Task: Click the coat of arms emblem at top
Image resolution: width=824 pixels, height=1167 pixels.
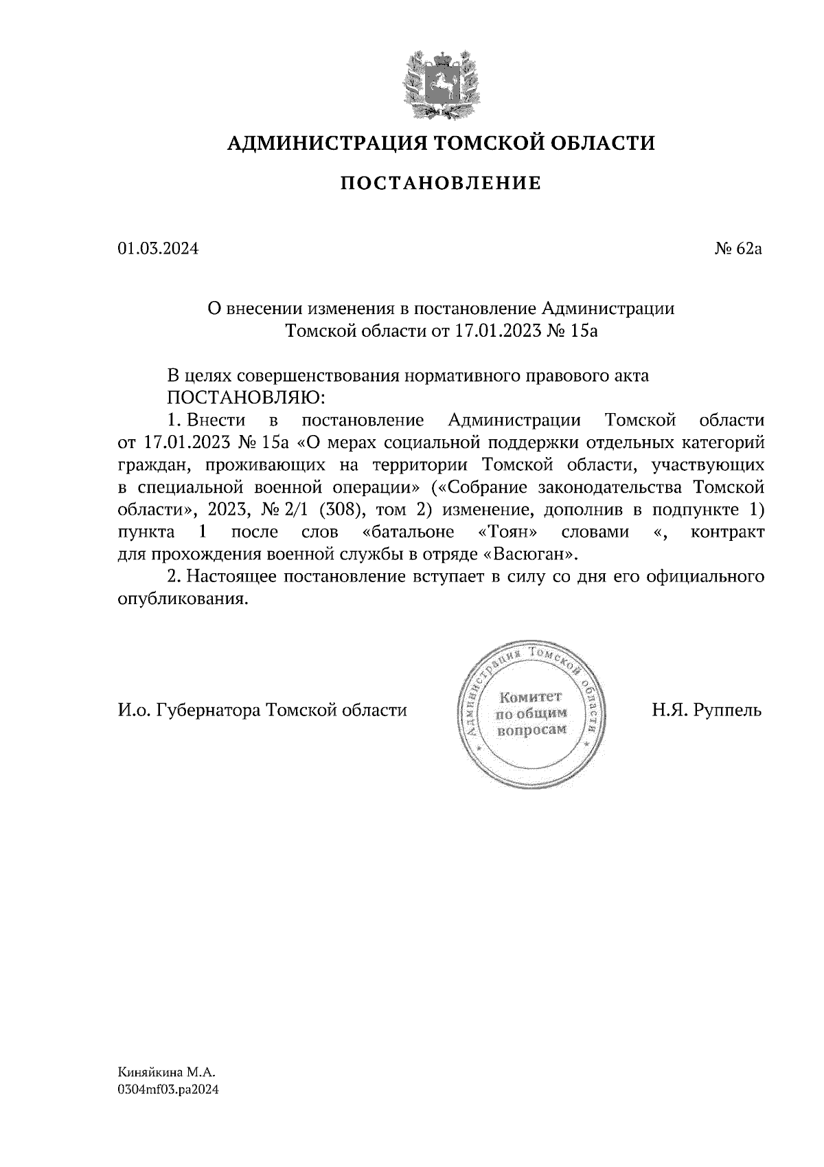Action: (439, 81)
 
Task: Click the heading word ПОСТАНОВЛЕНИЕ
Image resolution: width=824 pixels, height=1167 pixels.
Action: (441, 184)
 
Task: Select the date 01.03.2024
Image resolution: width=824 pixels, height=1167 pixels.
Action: (158, 249)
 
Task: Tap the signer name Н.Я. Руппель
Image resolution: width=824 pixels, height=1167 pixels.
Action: (707, 710)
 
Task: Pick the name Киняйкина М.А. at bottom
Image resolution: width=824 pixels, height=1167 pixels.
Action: (167, 1071)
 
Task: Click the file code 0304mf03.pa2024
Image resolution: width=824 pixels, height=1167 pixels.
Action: (168, 1089)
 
